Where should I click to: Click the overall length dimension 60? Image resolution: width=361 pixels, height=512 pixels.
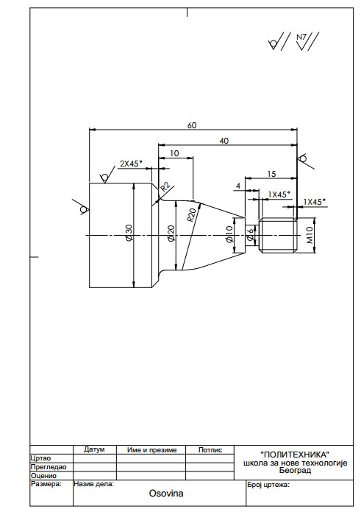pos(192,125)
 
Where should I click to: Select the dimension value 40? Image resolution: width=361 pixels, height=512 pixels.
pos(224,141)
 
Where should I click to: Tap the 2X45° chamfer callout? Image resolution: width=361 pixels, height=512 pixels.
pos(131,164)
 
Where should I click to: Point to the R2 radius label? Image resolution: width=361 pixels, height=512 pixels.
pos(165,187)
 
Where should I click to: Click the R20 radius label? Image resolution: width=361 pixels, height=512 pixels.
pos(192,215)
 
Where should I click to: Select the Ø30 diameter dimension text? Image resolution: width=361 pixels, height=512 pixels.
pos(129,233)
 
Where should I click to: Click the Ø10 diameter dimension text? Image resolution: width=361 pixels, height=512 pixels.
pos(229,234)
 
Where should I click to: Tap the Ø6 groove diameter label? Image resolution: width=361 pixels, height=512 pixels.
pos(250,234)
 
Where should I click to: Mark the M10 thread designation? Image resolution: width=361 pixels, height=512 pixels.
pos(310,235)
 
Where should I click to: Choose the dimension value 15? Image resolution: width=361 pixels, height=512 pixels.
pos(271,174)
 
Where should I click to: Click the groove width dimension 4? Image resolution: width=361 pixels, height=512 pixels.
pos(238,186)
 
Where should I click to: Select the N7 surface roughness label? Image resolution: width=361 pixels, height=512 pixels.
pos(301,37)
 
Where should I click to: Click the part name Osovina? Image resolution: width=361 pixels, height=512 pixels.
pos(166,493)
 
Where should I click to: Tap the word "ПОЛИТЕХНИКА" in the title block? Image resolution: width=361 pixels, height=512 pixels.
pos(295,455)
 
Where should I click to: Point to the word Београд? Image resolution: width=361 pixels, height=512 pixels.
pos(295,471)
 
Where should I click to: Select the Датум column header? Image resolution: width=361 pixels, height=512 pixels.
pos(94,449)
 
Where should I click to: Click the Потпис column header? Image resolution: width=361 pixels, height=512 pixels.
pos(210,449)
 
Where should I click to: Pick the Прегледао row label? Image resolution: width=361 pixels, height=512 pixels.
pos(49,467)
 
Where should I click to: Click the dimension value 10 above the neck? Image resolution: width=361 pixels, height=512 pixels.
pos(175,153)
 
